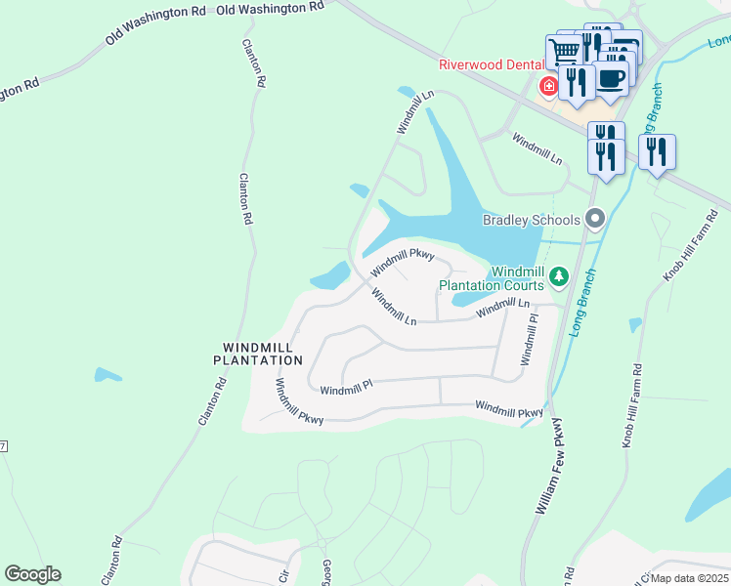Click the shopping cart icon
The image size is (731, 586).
pyautogui.click(x=564, y=50)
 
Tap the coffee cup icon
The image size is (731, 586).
pyautogui.click(x=611, y=78)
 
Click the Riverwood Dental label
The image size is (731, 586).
pyautogui.click(x=488, y=65)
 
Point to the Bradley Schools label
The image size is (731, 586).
pyautogui.click(x=532, y=220)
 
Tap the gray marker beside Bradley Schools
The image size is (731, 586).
pyautogui.click(x=593, y=219)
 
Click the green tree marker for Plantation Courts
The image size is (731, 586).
pyautogui.click(x=558, y=277)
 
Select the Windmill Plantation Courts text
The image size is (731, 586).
pyautogui.click(x=491, y=278)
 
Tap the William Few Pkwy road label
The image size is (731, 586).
pyautogui.click(x=549, y=466)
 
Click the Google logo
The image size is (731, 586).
pyautogui.click(x=32, y=574)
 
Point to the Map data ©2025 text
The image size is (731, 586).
pyautogui.click(x=688, y=576)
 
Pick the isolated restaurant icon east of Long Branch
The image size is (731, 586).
pyautogui.click(x=657, y=151)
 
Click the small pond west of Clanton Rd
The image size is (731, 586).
pyautogui.click(x=108, y=375)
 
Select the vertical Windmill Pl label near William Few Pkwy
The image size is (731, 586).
pyautogui.click(x=529, y=339)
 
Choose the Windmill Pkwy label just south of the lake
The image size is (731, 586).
pyautogui.click(x=401, y=262)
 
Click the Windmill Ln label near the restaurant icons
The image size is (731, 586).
pyautogui.click(x=537, y=149)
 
